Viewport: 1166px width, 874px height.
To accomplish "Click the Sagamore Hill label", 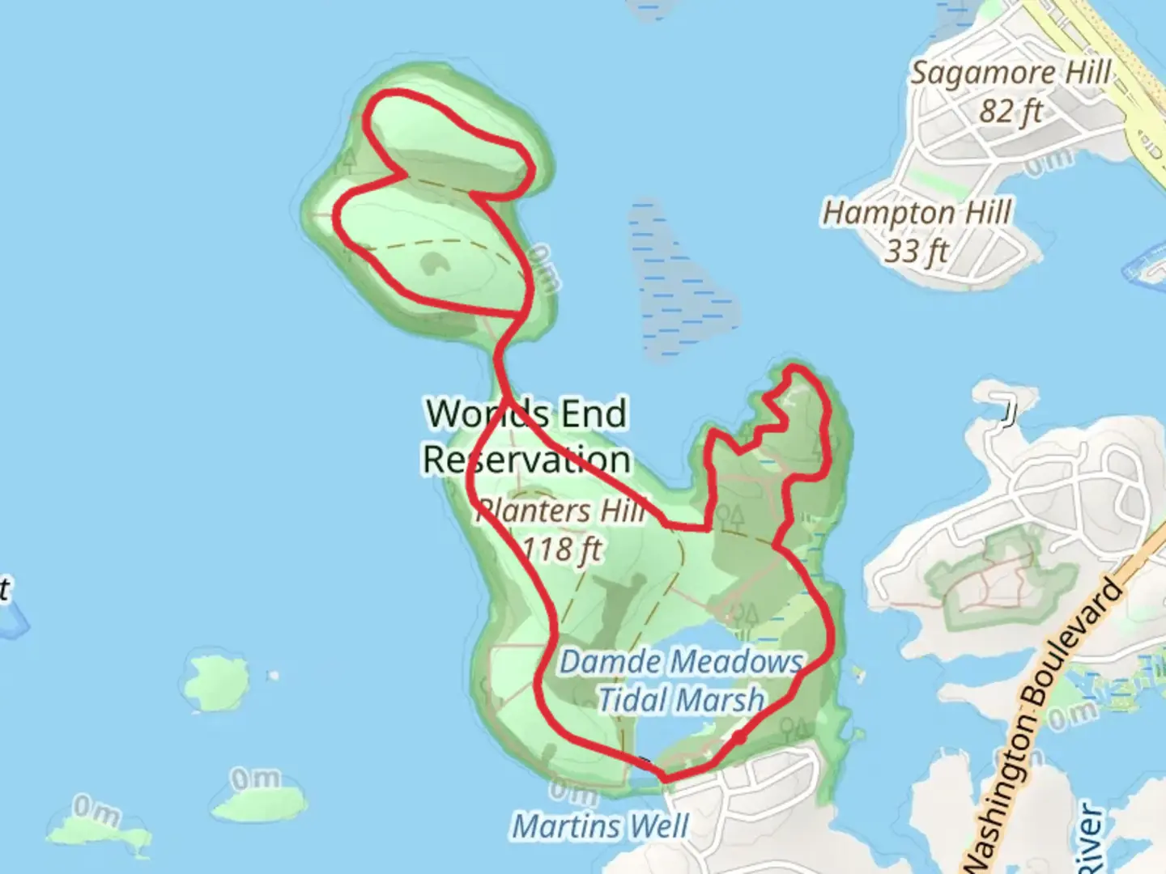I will tap(1011, 73).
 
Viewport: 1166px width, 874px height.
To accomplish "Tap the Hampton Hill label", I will tap(917, 214).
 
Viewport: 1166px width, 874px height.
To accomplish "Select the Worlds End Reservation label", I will tap(526, 436).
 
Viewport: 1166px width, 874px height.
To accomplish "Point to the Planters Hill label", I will tap(560, 511).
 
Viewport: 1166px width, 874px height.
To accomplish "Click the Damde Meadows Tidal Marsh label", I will tap(681, 681).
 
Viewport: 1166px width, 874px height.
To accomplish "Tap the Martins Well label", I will tap(600, 826).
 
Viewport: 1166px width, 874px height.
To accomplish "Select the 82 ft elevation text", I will tap(1010, 111).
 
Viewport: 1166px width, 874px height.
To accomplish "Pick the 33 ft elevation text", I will tap(916, 252).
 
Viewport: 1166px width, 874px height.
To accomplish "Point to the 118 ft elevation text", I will tap(561, 549).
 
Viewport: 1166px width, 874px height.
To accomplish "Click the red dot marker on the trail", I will tap(738, 737).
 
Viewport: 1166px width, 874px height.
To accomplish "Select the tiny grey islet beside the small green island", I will tap(274, 675).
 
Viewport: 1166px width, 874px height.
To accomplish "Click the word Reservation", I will tap(526, 460).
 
